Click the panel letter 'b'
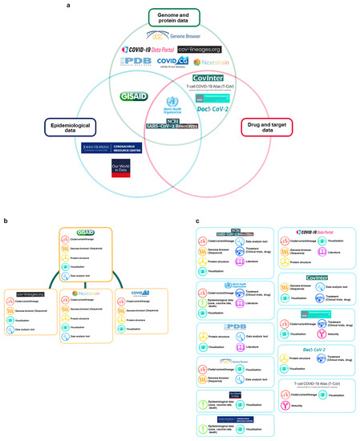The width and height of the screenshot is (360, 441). (6, 220)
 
